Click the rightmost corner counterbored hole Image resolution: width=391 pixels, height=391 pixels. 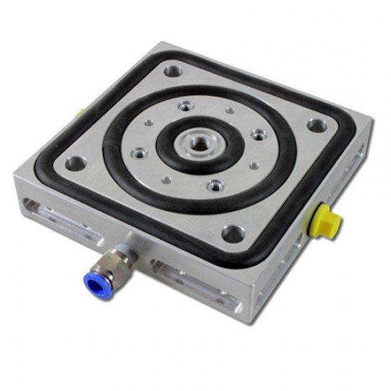tap(315, 127)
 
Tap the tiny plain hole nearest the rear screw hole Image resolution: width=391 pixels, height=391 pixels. tap(229, 112)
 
